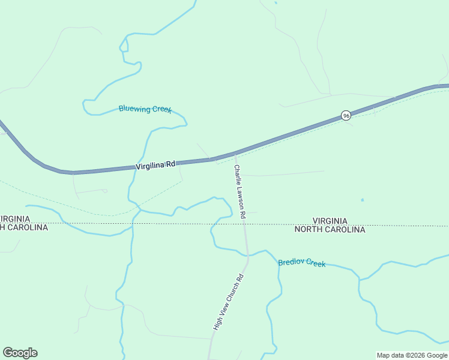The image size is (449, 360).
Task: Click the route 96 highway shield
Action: (x=346, y=115)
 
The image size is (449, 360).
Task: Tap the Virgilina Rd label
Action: (x=155, y=164)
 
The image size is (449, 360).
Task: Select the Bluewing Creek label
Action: (x=145, y=109)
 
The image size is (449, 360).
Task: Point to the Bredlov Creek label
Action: (x=301, y=262)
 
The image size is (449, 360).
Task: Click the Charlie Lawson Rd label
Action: (x=240, y=191)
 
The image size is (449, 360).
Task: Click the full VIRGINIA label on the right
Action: (x=330, y=221)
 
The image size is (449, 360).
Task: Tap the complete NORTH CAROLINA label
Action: (x=330, y=229)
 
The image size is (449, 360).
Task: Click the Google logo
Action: (x=20, y=353)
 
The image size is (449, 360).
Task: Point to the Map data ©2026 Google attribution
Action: (x=412, y=355)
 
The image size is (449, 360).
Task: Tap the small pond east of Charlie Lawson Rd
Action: (x=362, y=200)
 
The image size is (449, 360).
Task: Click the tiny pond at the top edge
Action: (x=276, y=3)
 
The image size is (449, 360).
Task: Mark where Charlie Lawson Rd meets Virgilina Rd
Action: (x=235, y=154)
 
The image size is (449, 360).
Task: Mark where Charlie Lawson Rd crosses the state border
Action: (x=245, y=224)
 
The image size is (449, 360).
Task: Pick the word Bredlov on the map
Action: (x=291, y=262)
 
